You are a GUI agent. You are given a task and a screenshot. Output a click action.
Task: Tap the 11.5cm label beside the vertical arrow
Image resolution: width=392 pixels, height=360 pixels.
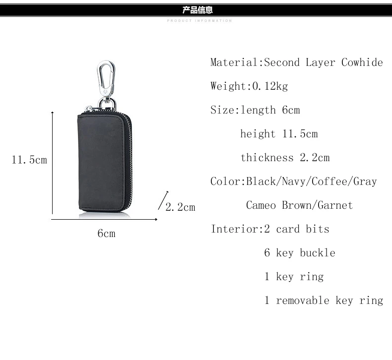click(29, 160)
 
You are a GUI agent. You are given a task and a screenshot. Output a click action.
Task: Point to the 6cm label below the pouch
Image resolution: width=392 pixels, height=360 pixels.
click(106, 233)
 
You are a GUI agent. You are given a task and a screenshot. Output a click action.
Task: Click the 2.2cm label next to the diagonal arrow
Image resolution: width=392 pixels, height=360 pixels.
click(180, 207)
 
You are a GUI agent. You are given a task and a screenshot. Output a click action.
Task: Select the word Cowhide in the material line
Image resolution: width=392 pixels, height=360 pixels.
click(362, 62)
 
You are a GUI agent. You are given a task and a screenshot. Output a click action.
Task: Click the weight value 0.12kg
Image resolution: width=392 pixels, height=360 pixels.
click(270, 86)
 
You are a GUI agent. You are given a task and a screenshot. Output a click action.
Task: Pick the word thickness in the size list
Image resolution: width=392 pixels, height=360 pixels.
click(267, 158)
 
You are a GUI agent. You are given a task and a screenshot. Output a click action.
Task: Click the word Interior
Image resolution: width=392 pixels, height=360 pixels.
click(234, 229)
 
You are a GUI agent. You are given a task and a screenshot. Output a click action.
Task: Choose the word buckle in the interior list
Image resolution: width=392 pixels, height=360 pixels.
click(318, 253)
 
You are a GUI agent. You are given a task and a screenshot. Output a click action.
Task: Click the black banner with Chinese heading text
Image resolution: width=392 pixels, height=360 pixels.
click(196, 9)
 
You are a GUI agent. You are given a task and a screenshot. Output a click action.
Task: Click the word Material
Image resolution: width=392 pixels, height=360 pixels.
click(234, 62)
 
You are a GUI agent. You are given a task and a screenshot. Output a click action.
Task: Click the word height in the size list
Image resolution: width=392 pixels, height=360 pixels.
click(258, 134)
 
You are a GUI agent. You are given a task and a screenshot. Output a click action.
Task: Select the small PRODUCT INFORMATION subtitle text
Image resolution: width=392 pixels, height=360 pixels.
click(199, 21)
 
